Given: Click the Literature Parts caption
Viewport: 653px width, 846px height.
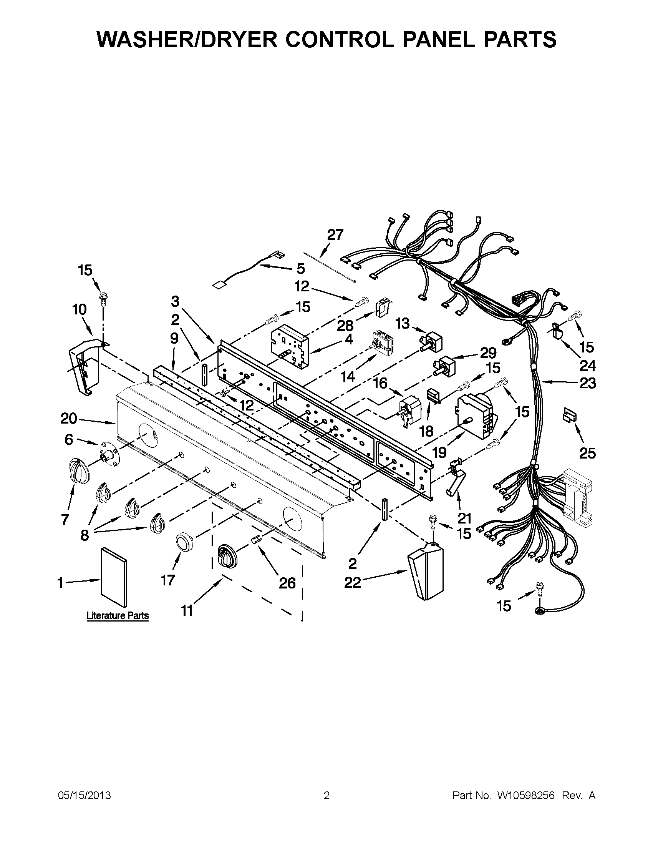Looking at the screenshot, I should [x=117, y=615].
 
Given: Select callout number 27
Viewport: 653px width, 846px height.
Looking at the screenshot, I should [x=335, y=235].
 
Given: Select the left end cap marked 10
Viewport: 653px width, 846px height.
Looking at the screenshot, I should [x=85, y=365].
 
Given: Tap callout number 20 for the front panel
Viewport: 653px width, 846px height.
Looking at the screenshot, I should [x=69, y=418].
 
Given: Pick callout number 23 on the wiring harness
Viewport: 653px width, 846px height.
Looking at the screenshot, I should [x=587, y=383].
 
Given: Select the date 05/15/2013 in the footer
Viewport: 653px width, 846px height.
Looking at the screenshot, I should [x=85, y=796].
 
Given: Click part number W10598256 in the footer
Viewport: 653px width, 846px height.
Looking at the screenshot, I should [x=525, y=796].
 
